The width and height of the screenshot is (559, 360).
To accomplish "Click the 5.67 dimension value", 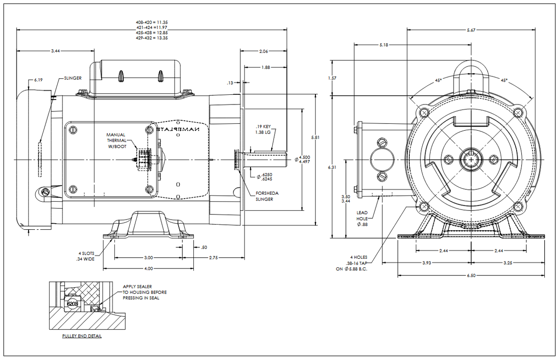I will (x=471, y=30).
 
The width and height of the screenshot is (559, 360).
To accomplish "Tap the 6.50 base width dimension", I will (x=471, y=276).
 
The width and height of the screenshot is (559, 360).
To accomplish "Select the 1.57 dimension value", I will (x=332, y=78).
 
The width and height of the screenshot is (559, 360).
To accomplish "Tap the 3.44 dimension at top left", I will (x=55, y=50).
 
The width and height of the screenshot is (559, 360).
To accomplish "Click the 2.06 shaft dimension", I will (x=263, y=51).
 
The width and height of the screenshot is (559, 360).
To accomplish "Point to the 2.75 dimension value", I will (x=213, y=258).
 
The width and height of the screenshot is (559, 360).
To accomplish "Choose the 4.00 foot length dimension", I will (x=148, y=268).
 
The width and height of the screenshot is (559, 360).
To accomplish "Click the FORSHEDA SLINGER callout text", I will (x=267, y=196).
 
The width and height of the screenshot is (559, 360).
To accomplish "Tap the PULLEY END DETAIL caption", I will (x=82, y=336).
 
